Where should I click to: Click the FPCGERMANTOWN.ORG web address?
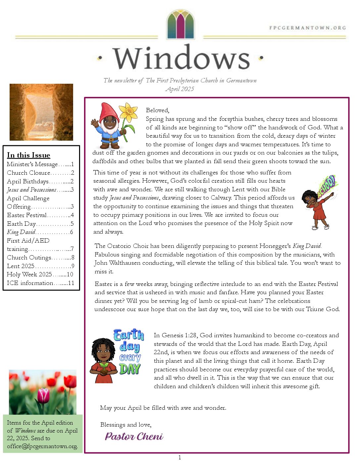coord(307,28)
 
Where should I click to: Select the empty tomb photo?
coord(41,112)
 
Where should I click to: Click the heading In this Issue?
coord(28,155)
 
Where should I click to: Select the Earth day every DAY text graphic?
coord(129,351)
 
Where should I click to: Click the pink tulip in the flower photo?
coord(43,396)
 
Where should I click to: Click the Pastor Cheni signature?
coord(134,436)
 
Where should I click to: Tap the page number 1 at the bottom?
coord(180,458)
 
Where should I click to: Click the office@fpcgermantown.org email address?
coord(42,446)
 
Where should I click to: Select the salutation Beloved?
coord(157,110)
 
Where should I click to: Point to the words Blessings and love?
coord(126,425)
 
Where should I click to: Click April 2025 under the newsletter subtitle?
coord(180,89)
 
